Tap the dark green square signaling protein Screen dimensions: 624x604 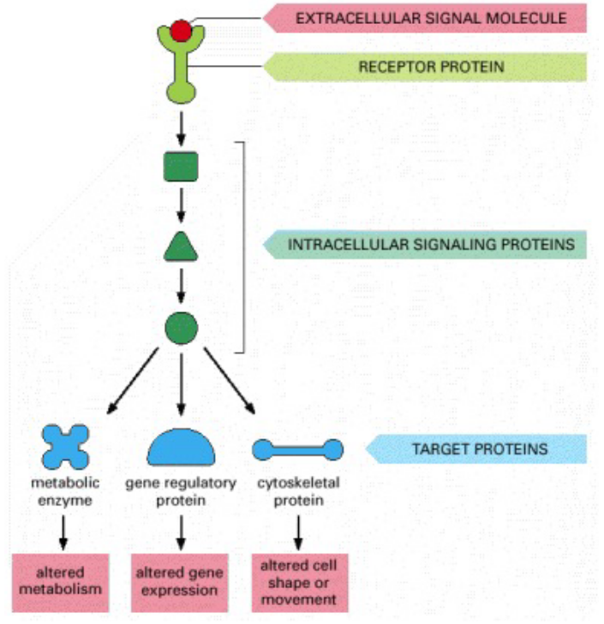click(x=181, y=166)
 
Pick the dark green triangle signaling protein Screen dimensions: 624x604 click(x=181, y=247)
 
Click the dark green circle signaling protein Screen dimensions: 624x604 click(x=181, y=328)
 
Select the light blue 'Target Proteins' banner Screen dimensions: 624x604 click(x=480, y=449)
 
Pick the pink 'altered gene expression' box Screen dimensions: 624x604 click(x=181, y=581)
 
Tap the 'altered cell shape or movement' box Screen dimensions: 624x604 click(x=299, y=582)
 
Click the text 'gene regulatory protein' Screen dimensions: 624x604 click(x=181, y=491)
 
